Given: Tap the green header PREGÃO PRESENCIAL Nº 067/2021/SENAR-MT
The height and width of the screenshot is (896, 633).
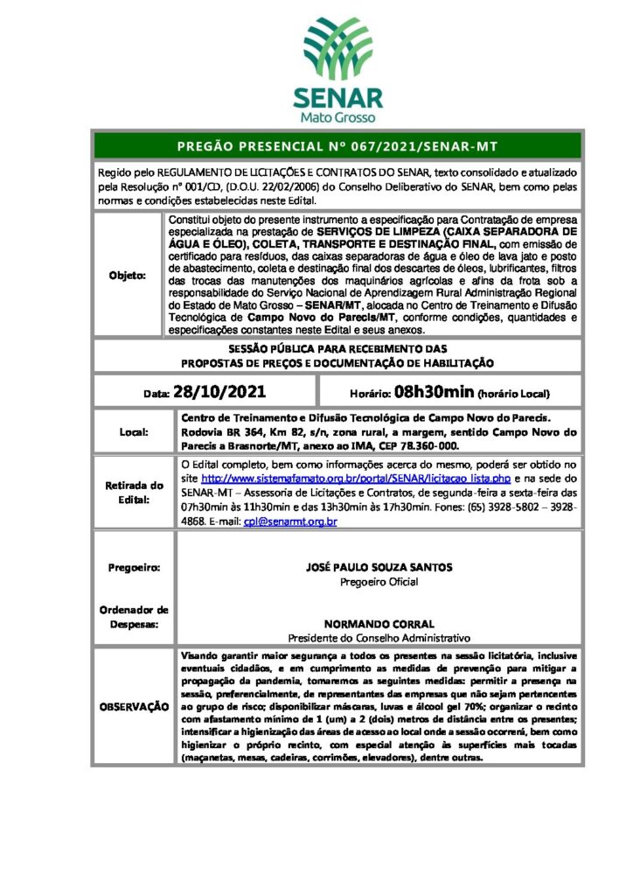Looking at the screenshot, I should tap(337, 145).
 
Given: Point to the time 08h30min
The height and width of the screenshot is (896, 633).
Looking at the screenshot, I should tap(434, 392).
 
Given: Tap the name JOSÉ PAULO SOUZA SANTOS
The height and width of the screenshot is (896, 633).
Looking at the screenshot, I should tap(379, 567).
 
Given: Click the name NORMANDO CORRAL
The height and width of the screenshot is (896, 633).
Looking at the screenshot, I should tap(379, 626).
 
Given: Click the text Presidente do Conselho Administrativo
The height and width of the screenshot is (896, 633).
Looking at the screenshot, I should tap(379, 640).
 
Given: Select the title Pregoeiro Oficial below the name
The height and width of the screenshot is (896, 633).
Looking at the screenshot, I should tap(379, 581).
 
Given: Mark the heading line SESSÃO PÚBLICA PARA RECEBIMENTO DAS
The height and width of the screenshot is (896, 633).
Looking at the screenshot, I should tap(337, 348).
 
